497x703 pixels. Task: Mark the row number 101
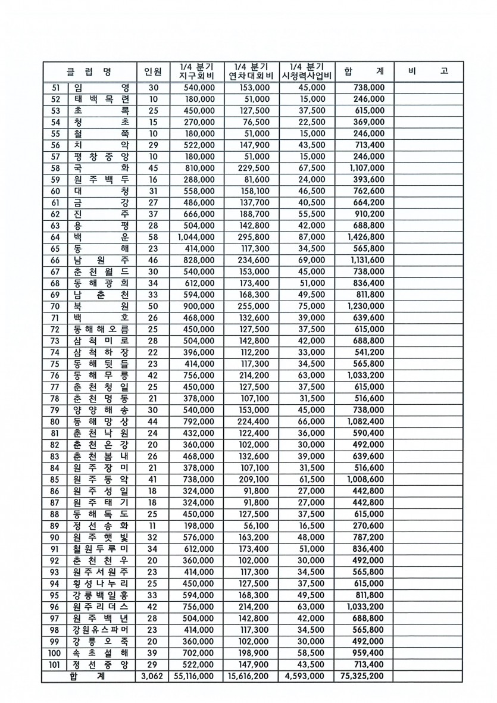tap(55, 664)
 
